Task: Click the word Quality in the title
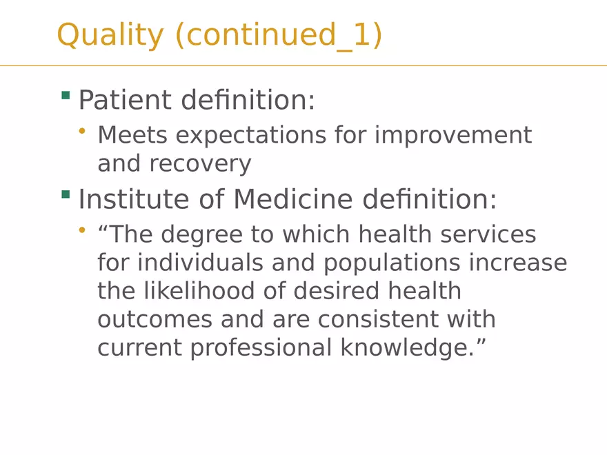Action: pos(110,35)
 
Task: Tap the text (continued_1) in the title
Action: pos(279,35)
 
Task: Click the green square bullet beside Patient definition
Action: pos(66,95)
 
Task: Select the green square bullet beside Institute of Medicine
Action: pos(66,194)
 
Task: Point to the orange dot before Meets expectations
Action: pos(83,130)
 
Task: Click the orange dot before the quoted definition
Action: pos(83,230)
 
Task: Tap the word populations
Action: pos(392,263)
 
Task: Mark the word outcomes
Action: pos(155,320)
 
